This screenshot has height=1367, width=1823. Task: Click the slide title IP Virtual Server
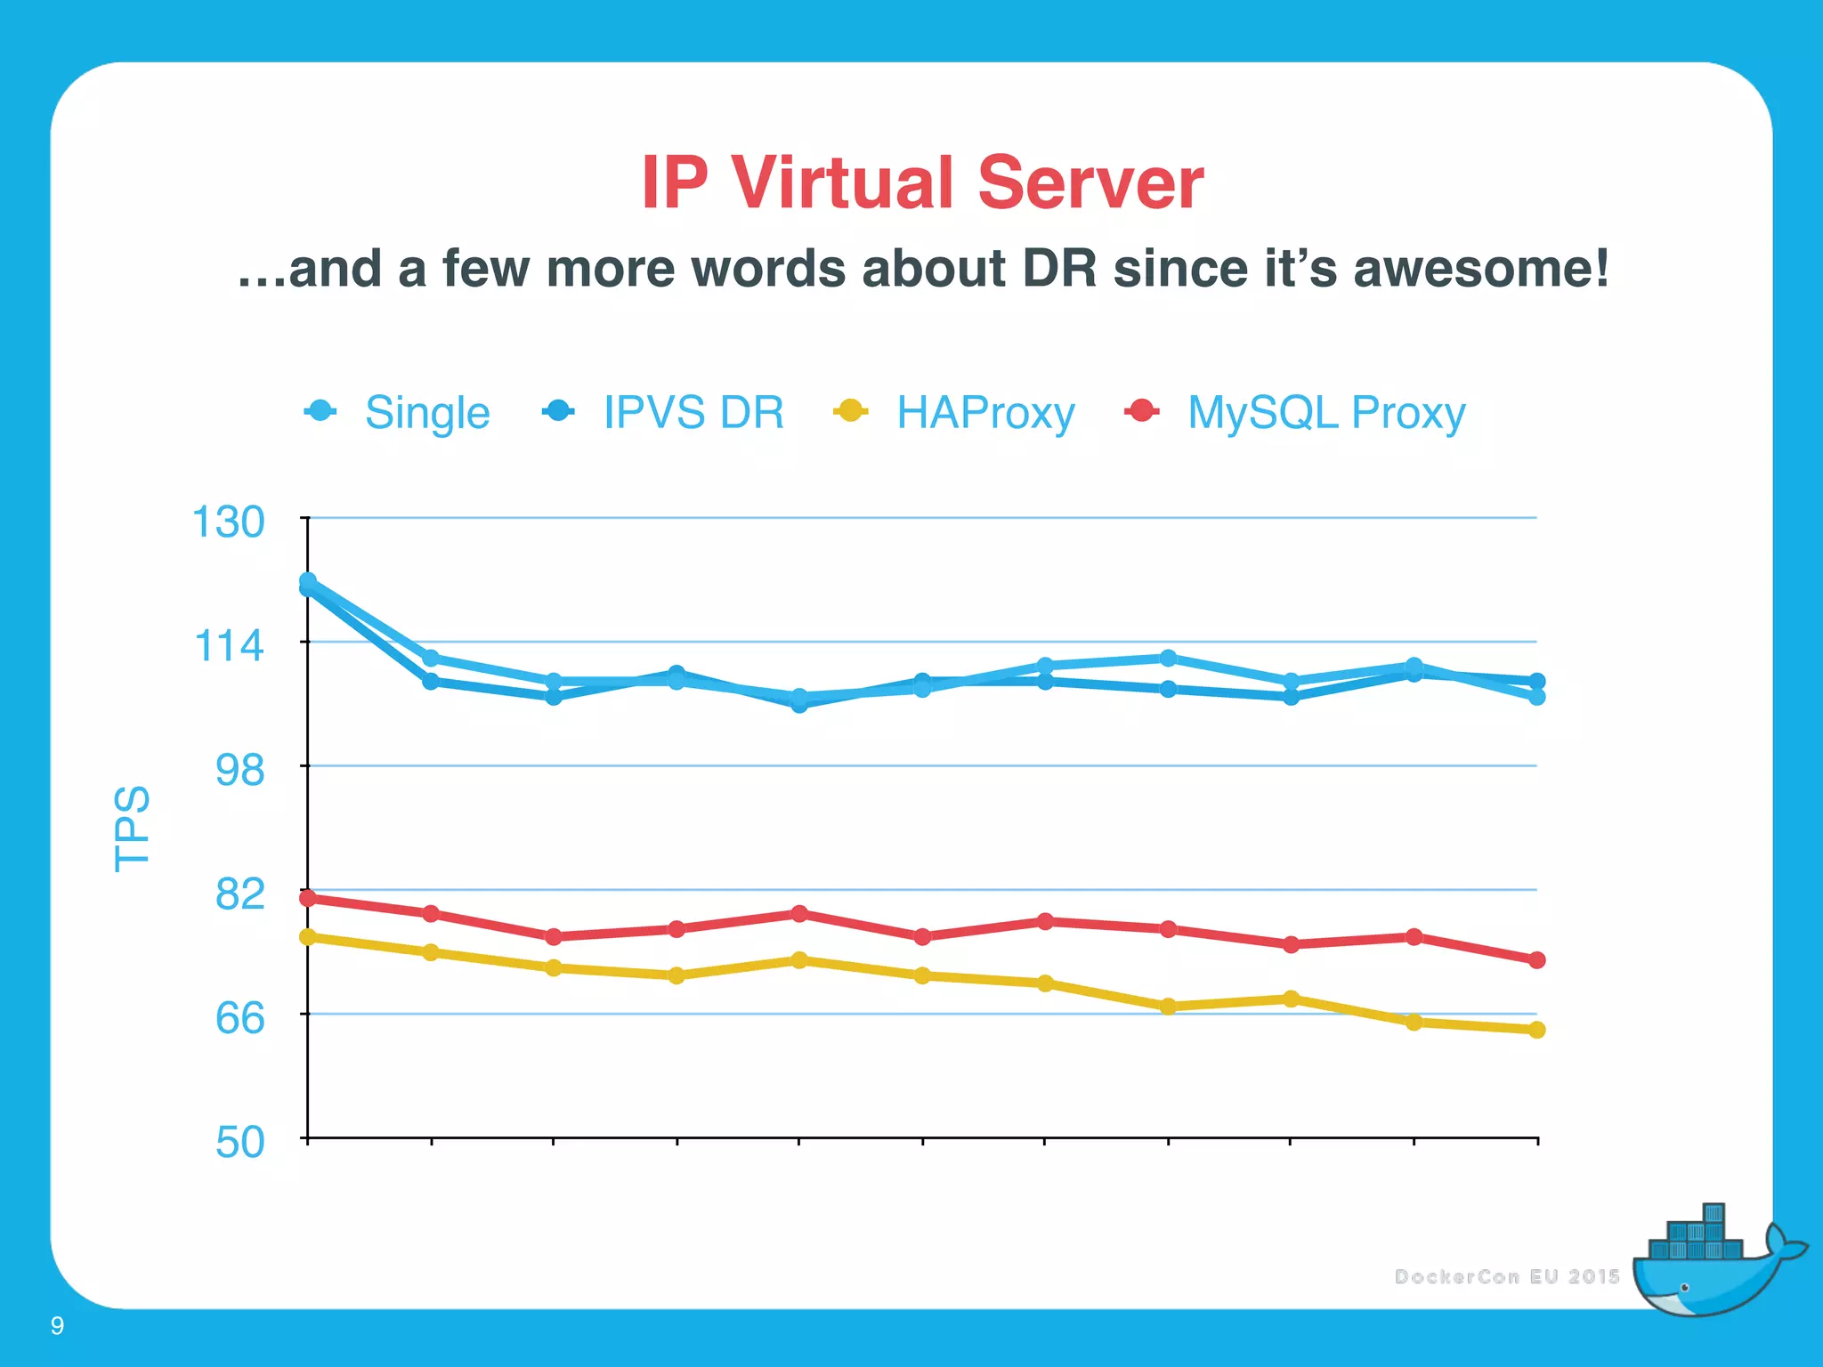(922, 182)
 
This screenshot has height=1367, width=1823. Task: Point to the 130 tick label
(228, 522)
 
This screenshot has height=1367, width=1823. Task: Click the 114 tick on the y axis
(229, 645)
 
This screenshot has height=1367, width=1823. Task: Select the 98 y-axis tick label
(239, 770)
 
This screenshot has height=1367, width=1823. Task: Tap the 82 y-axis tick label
(239, 894)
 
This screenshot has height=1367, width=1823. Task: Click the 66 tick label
(239, 1017)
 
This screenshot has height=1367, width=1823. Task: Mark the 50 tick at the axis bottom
(239, 1142)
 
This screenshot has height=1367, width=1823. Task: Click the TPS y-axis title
(132, 829)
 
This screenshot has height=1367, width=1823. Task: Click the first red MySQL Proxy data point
(308, 898)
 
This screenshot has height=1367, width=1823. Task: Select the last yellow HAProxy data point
(1536, 1030)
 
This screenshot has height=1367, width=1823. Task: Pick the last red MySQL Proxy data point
(1536, 960)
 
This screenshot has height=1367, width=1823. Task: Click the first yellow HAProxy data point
(308, 937)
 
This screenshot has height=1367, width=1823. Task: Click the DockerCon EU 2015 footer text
(1506, 1277)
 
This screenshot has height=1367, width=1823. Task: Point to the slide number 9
(57, 1326)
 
